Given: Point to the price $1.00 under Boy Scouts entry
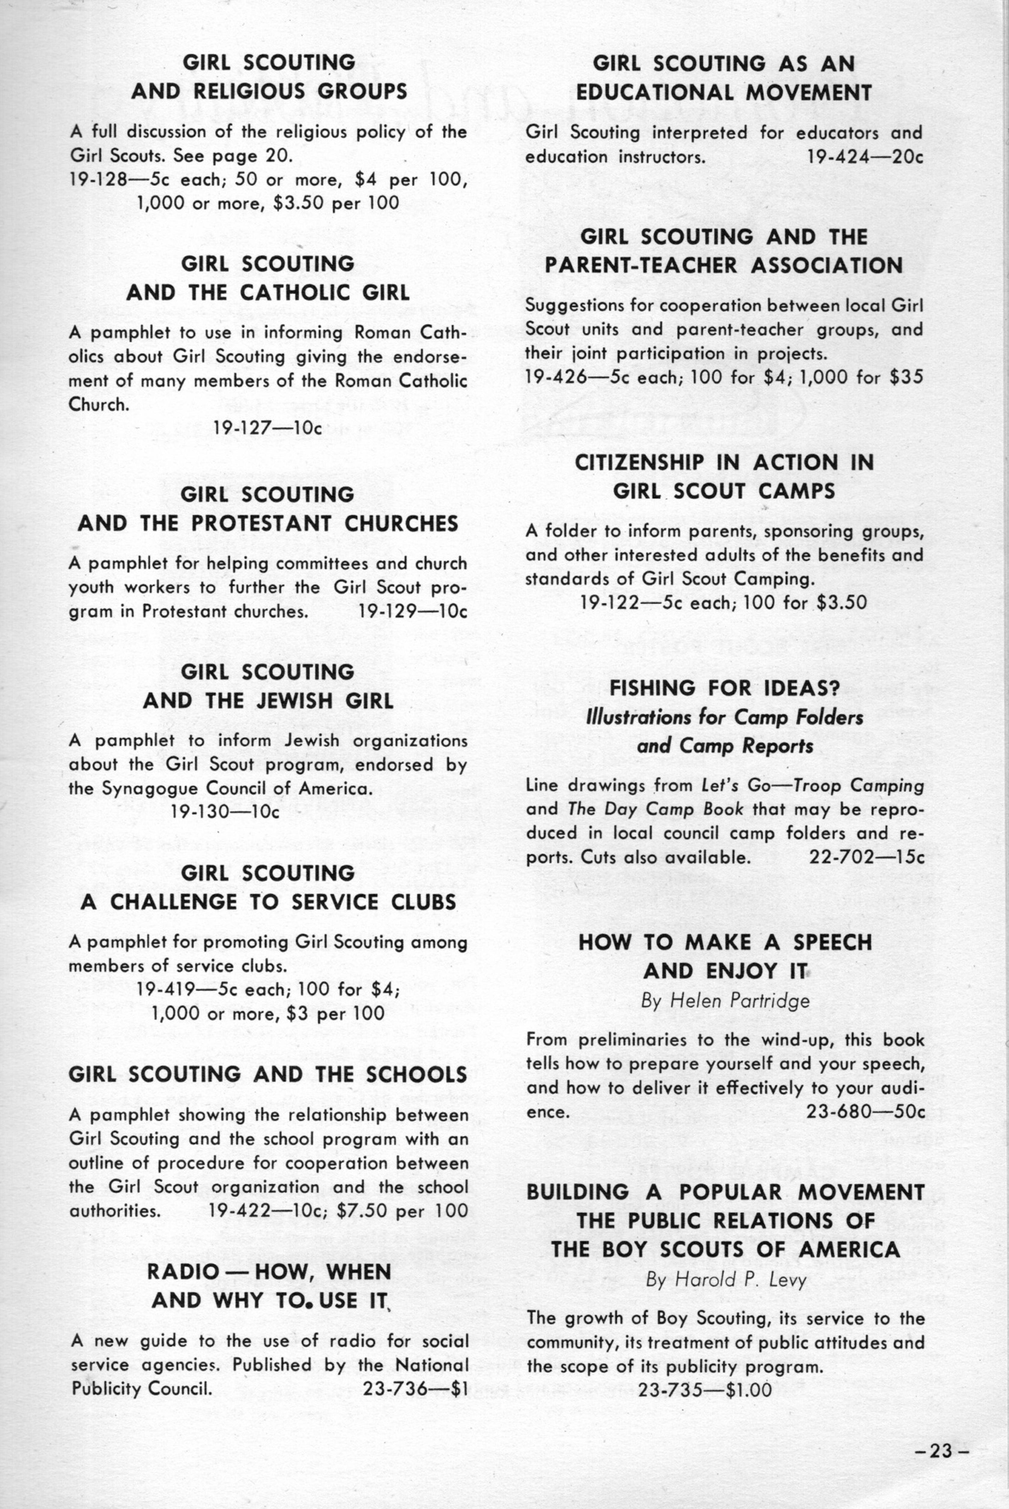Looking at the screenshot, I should [748, 1390].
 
